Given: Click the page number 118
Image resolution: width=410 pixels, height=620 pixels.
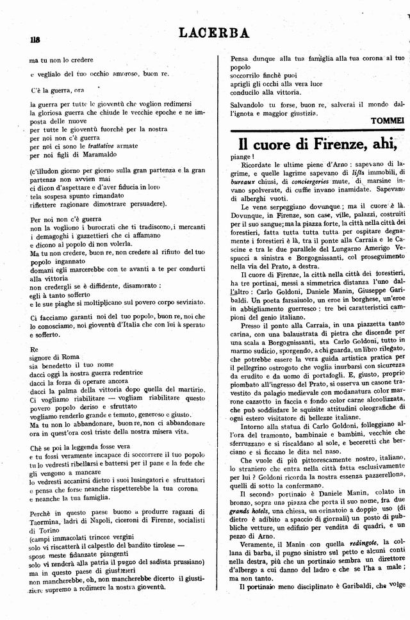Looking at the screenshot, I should click(35, 40).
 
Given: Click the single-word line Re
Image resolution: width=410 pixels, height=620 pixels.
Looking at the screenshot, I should click(34, 349).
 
